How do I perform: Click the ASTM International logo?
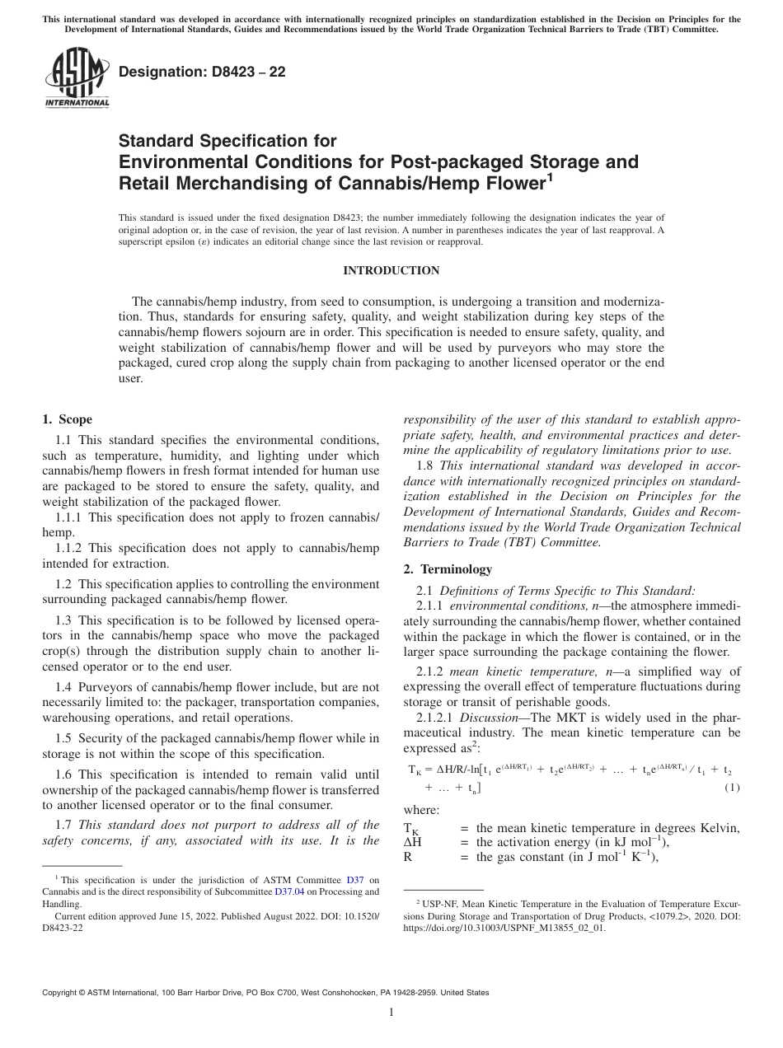coord(77,79)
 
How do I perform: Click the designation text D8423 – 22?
coord(202,72)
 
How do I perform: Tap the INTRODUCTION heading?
coord(391,270)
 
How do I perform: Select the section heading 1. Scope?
coord(68,419)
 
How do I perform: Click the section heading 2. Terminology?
coord(448,568)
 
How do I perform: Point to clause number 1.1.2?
coord(71,549)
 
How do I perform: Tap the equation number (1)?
coord(731,788)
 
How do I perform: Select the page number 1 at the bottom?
coord(391,1013)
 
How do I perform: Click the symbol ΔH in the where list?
coord(413,842)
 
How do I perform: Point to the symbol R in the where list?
coord(408,856)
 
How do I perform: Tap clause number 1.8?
coord(425,466)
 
